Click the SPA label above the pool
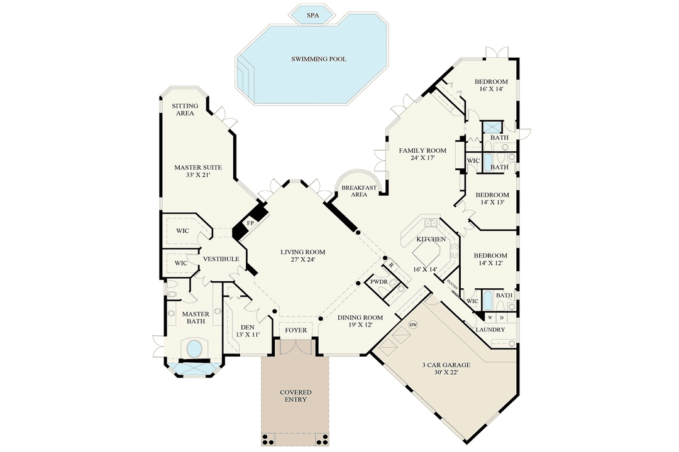coord(312,14)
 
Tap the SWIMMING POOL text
coord(319,59)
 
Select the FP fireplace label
coord(250,223)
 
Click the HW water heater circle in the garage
coord(413,325)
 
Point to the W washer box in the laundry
coord(490,318)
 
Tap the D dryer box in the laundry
coord(501,318)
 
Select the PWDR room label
coord(378,282)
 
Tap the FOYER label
coord(296,330)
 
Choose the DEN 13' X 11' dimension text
coord(247,335)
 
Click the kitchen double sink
coord(432,223)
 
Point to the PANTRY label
coord(451,284)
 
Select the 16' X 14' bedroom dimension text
coord(490,90)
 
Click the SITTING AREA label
coord(185,109)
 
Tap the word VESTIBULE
coord(220,259)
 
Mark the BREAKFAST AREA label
coord(358,191)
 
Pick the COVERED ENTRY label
coord(295,396)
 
